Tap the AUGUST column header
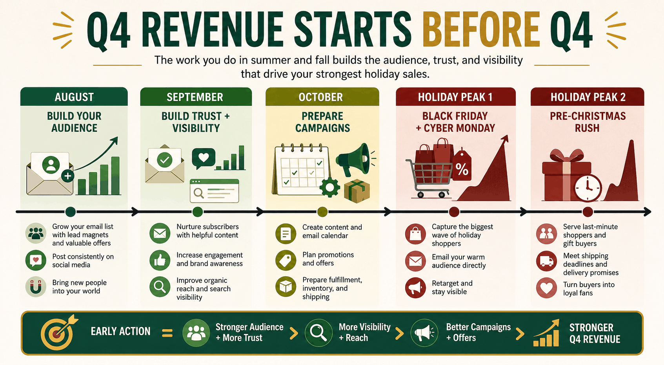[x=74, y=97]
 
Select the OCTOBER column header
[x=321, y=97]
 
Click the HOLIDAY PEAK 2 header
[x=588, y=97]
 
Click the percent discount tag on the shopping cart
[x=462, y=166]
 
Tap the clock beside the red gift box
[x=588, y=188]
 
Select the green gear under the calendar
[x=329, y=187]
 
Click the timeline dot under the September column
[x=198, y=212]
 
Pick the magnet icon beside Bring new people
[x=36, y=286]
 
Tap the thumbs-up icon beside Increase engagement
[x=160, y=260]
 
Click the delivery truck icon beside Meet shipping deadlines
[x=547, y=261]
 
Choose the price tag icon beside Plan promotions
[x=286, y=260]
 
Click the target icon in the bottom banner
[x=58, y=333]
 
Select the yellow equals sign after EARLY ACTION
[x=167, y=333]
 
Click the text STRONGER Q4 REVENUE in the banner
[x=595, y=333]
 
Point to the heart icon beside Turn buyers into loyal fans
[x=547, y=288]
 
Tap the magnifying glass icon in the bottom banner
[x=318, y=333]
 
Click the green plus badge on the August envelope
[x=67, y=176]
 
